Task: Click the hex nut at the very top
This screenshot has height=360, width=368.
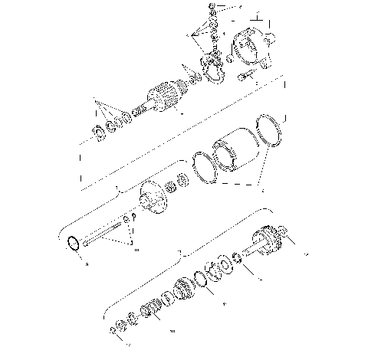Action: pos(212,7)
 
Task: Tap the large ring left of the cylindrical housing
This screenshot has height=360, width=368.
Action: pos(205,168)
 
